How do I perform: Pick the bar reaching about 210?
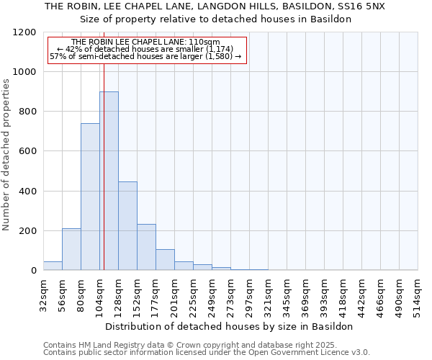[x=71, y=249]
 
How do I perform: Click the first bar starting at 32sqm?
[x=53, y=266]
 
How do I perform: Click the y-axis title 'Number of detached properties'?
[x=7, y=155]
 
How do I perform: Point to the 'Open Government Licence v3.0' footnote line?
[x=207, y=353]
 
